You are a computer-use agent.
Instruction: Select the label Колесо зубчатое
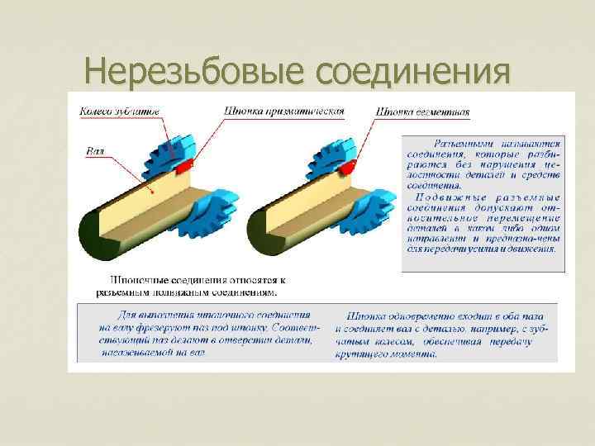pyautogui.click(x=120, y=111)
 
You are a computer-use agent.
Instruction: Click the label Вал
pyautogui.click(x=94, y=151)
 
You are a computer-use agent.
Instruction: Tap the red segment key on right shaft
pyautogui.click(x=348, y=165)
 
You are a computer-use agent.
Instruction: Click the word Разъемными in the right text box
pyautogui.click(x=462, y=142)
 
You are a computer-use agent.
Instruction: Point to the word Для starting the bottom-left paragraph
pyautogui.click(x=123, y=315)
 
